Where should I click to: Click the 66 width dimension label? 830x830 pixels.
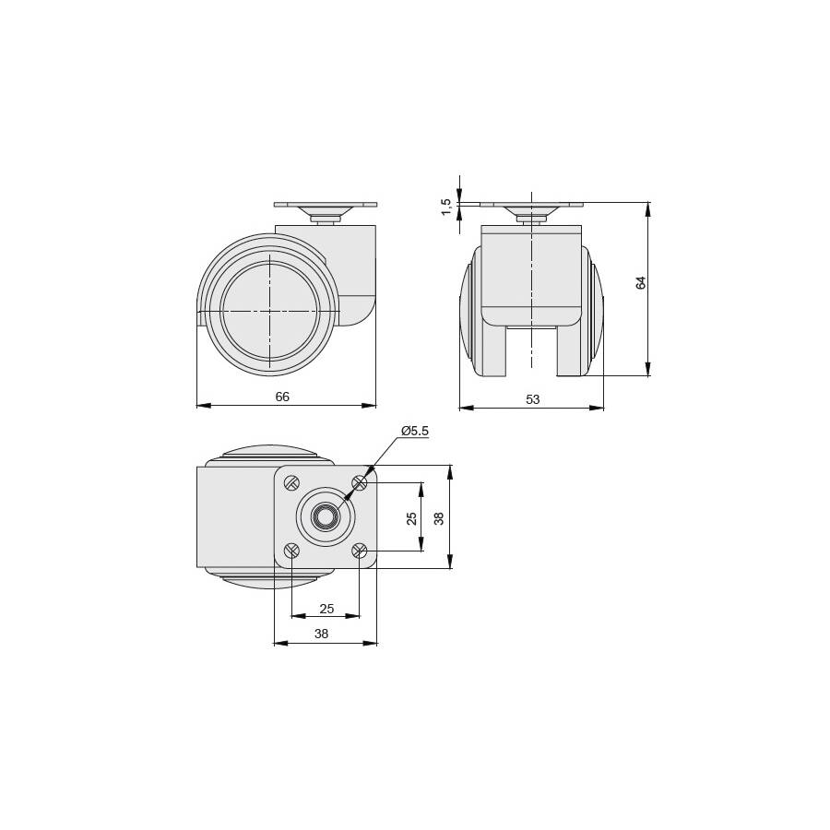[x=282, y=397]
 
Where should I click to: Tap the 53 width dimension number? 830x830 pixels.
[x=532, y=399]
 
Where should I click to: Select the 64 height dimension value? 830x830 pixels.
[x=641, y=283]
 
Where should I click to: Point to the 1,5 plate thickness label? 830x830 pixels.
[x=446, y=207]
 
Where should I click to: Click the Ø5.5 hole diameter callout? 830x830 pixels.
[x=415, y=431]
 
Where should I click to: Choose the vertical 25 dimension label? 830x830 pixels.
[x=411, y=518]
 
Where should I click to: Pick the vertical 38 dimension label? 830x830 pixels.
[x=439, y=518]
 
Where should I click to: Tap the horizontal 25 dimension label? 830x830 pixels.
[x=326, y=609]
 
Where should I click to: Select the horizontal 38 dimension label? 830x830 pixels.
[x=321, y=634]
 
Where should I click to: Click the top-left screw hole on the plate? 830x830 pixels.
[x=292, y=482]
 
